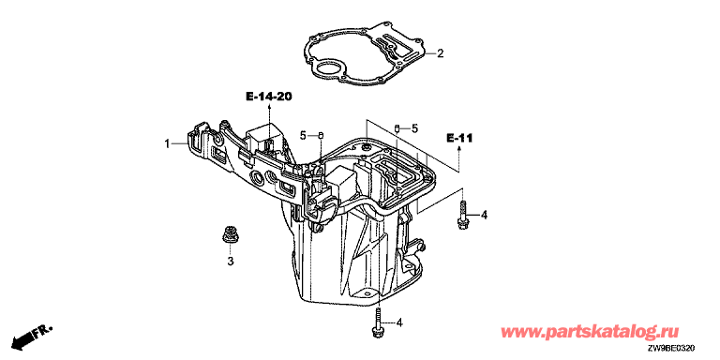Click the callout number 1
point(168,144)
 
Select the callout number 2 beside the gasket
point(440,53)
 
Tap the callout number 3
point(231,262)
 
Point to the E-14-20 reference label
point(269,97)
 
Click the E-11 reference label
point(459,137)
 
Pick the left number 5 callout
point(303,135)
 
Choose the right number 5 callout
point(414,129)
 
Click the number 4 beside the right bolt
point(484,215)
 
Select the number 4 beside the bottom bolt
point(398,323)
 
